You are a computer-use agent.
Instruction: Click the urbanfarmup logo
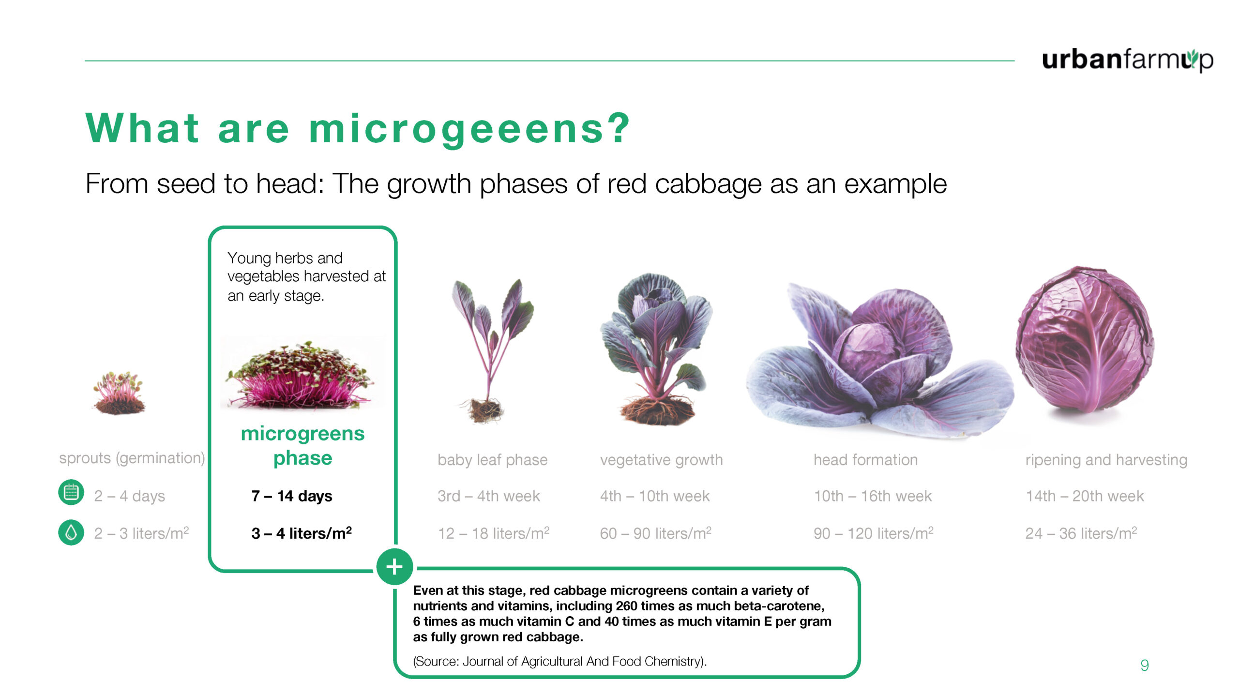(x=1127, y=61)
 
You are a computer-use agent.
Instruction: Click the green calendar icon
(x=71, y=493)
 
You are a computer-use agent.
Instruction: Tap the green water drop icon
(x=71, y=532)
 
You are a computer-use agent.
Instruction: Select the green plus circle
(x=394, y=567)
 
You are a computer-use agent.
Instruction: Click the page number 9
(x=1145, y=666)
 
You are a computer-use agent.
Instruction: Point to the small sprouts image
(x=119, y=392)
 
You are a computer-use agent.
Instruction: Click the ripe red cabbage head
(x=1085, y=340)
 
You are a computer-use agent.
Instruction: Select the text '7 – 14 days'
(x=292, y=496)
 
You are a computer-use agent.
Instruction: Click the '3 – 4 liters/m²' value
(x=302, y=533)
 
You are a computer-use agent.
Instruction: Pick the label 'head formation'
(x=865, y=460)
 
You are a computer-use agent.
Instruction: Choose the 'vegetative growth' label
(x=662, y=460)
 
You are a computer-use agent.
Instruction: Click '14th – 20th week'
(x=1085, y=496)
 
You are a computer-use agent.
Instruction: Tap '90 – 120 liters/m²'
(x=873, y=533)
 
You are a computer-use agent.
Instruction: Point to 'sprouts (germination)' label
(x=132, y=458)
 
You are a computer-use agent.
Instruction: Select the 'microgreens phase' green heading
(x=303, y=446)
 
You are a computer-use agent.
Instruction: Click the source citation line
(x=560, y=662)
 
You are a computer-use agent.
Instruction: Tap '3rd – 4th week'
(x=489, y=496)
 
